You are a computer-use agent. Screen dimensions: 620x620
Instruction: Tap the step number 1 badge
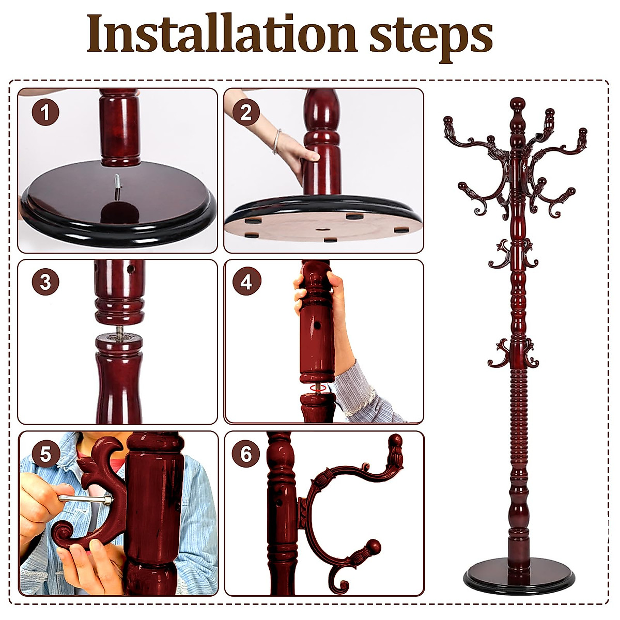pos(45,112)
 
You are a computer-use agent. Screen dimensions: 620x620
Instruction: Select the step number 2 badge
pos(246,112)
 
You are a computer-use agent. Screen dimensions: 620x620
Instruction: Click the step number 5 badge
pos(45,454)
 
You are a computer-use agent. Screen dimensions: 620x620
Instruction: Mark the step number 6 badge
pos(246,454)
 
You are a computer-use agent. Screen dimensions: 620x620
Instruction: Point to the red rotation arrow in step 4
pos(317,387)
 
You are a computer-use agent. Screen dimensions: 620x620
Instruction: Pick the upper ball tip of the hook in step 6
pos(395,442)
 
